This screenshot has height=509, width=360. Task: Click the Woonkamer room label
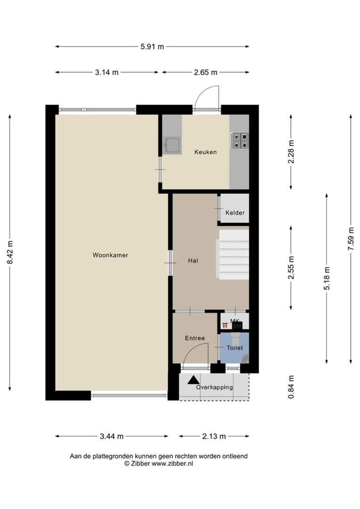[x=110, y=255]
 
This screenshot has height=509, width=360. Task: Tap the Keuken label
[x=205, y=152]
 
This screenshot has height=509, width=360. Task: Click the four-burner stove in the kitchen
[x=239, y=141]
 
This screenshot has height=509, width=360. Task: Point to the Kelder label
[x=235, y=213]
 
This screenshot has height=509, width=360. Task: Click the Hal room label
[x=193, y=260]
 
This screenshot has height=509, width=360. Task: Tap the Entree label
[x=195, y=338]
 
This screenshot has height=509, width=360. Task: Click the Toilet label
[x=235, y=348]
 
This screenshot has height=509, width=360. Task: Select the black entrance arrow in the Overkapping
[x=194, y=380]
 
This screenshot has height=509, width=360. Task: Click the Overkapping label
[x=214, y=387]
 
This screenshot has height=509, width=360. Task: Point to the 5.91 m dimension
[x=152, y=46]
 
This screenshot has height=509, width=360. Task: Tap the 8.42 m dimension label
[x=10, y=253]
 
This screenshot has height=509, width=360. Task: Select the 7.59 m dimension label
[x=351, y=238]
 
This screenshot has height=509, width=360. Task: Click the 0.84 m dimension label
[x=291, y=387]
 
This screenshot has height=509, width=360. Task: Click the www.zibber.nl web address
[x=172, y=464]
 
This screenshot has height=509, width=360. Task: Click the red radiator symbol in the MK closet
[x=225, y=325]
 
